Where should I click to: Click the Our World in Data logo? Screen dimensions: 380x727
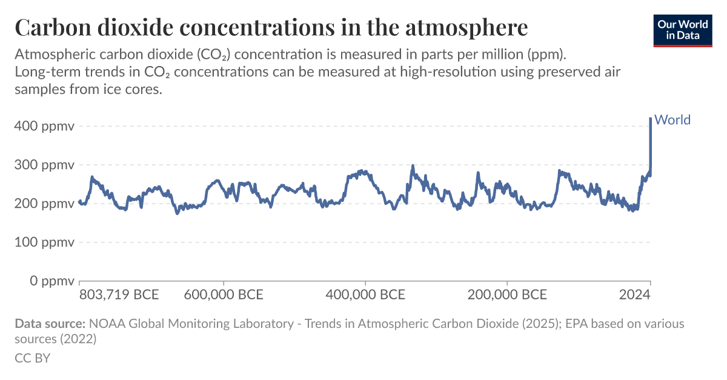coord(683,30)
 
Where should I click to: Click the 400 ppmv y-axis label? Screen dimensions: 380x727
coord(44,127)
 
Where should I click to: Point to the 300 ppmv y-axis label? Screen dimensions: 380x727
coord(44,165)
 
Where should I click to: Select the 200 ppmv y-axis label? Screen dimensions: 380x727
coord(44,204)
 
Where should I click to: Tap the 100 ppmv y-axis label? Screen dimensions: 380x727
coord(44,242)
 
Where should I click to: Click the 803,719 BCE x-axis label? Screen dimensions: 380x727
coord(119,295)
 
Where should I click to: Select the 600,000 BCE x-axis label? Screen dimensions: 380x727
coord(224,295)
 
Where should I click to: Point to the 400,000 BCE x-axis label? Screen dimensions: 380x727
coord(365,295)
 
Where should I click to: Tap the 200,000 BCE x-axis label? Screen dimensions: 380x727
coord(507,295)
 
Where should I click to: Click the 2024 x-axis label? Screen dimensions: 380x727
coord(635,295)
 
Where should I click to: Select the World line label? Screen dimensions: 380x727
coord(672,120)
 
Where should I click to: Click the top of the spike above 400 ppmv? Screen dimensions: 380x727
coord(651,119)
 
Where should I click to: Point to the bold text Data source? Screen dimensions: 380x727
coord(50,324)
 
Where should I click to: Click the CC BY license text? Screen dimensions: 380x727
coord(32,358)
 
